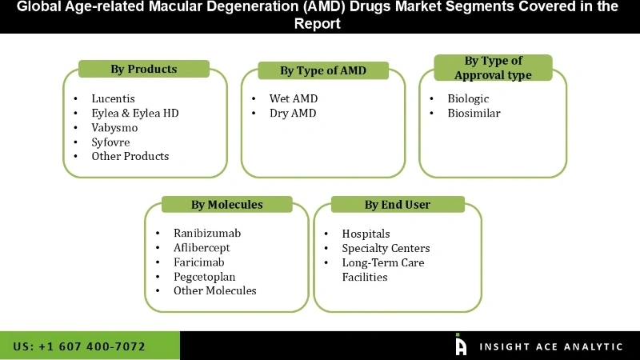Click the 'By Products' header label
click(143, 69)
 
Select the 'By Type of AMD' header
click(322, 70)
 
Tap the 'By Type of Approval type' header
click(493, 68)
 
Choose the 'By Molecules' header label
click(226, 205)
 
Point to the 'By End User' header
click(397, 205)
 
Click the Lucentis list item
click(113, 98)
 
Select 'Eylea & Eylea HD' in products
click(134, 113)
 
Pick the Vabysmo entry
click(114, 127)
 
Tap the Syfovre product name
click(110, 142)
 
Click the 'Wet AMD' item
click(293, 98)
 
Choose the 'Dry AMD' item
click(293, 113)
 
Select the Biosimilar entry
click(474, 113)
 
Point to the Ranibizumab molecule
click(207, 233)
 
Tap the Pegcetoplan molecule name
click(205, 276)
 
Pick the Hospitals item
click(366, 234)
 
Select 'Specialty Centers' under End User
click(386, 248)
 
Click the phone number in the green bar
click(79, 346)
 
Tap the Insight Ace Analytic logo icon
click(461, 345)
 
